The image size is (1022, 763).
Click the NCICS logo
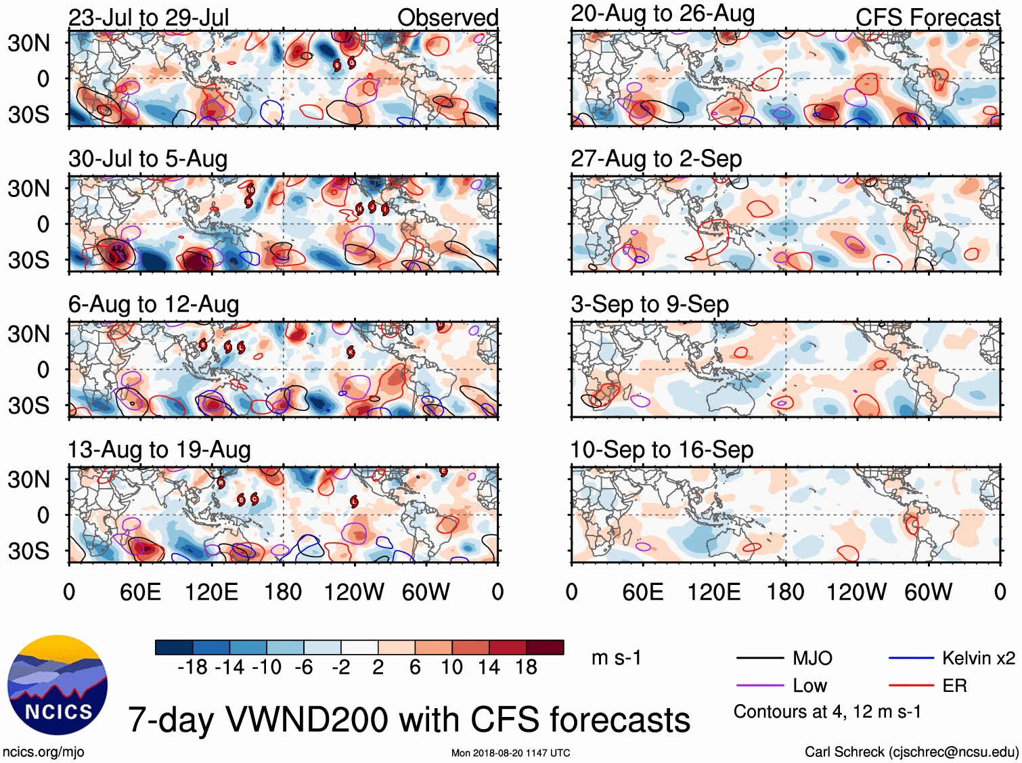58,685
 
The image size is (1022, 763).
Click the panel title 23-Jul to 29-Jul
149,18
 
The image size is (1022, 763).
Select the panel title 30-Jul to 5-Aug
148,159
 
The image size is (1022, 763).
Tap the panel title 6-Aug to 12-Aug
154,305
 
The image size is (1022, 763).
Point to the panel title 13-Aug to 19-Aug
159,450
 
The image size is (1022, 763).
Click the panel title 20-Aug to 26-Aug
663,14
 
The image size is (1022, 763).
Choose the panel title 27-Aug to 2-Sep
657,159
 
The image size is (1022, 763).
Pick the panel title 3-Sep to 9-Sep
650,305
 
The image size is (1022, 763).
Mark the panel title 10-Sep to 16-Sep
662,450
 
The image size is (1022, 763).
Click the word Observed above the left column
447,18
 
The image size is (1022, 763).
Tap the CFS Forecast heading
927,18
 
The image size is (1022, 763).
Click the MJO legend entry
812,658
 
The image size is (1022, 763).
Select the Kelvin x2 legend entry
978,658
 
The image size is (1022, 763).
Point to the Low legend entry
809,686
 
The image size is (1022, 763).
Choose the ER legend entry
954,686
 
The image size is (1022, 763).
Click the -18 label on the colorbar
193,668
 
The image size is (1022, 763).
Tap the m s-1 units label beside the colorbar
616,658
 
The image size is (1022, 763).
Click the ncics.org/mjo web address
43,751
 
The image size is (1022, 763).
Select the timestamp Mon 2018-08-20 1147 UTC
510,753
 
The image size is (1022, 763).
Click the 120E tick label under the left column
212,592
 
